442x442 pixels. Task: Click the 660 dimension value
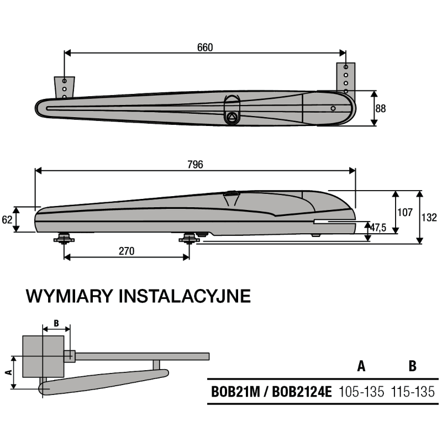pyautogui.click(x=205, y=48)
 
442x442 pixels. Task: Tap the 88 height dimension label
pyautogui.click(x=380, y=108)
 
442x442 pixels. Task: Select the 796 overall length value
pyautogui.click(x=195, y=164)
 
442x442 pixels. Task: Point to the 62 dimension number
pyautogui.click(x=7, y=219)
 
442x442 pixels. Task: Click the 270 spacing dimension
pyautogui.click(x=127, y=251)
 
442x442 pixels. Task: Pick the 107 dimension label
pyautogui.click(x=405, y=212)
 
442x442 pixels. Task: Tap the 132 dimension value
pyautogui.click(x=429, y=217)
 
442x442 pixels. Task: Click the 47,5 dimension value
pyautogui.click(x=378, y=228)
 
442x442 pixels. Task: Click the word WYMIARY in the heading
pyautogui.click(x=70, y=296)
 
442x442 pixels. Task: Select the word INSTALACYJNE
pyautogui.click(x=185, y=296)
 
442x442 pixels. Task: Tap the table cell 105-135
pyautogui.click(x=361, y=392)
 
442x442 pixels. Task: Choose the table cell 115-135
pyautogui.click(x=413, y=392)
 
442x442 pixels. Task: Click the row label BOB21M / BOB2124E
pyautogui.click(x=271, y=392)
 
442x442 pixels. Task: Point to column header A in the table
pyautogui.click(x=361, y=366)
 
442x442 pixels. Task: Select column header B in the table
pyautogui.click(x=412, y=366)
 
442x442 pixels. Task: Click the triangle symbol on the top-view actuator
pyautogui.click(x=231, y=117)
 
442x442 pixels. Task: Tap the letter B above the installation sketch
pyautogui.click(x=56, y=323)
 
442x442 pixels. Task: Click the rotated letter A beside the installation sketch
pyautogui.click(x=9, y=372)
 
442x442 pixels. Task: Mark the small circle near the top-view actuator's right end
pyautogui.click(x=333, y=108)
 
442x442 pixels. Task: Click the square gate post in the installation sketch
pyautogui.click(x=43, y=356)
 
